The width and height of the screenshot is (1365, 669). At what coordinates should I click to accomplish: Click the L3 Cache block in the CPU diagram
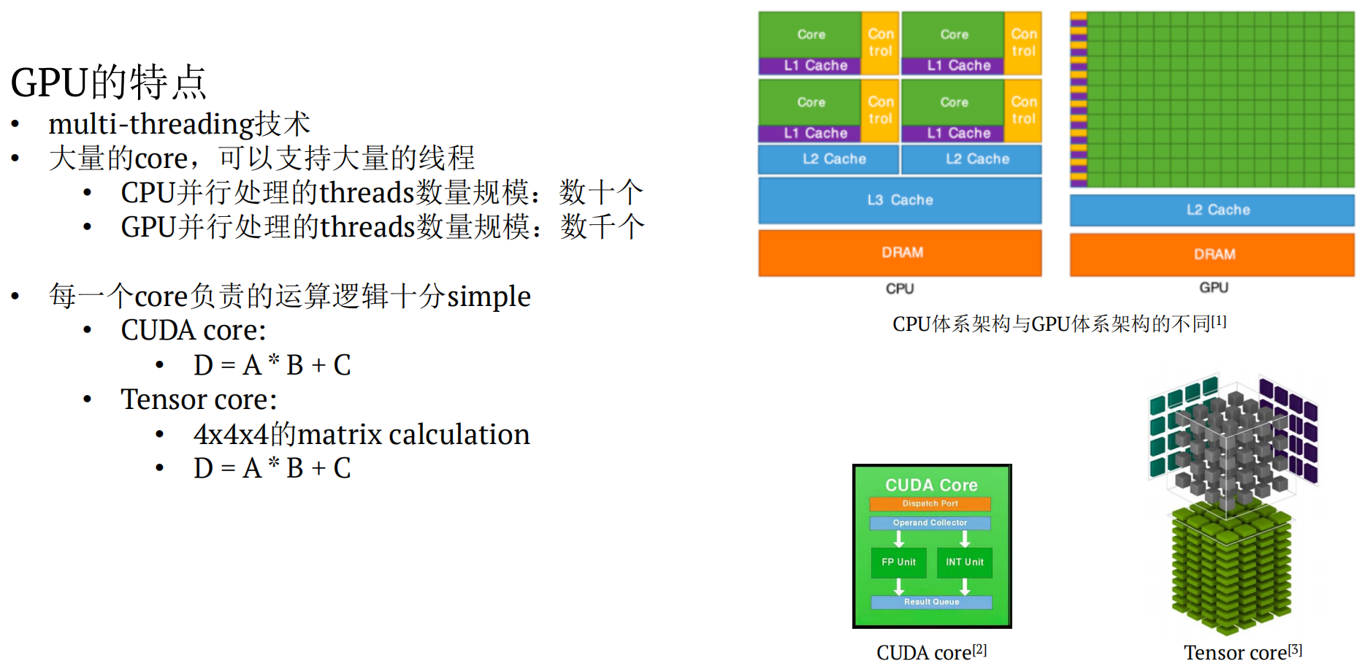tap(900, 200)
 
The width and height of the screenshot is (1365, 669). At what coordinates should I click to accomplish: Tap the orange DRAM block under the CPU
tap(900, 253)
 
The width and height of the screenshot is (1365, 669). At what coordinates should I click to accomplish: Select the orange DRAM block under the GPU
tap(1212, 254)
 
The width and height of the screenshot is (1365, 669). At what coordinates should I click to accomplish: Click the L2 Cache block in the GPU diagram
tap(1212, 210)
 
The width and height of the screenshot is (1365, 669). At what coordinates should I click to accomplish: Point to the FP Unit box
tap(898, 562)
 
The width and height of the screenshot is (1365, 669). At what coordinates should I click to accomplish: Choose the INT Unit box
tap(965, 562)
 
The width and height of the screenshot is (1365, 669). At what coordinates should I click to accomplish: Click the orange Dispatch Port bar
tap(930, 504)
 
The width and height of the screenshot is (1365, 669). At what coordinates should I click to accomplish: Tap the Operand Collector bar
tap(930, 523)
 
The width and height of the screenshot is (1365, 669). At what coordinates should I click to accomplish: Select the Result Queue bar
tap(931, 602)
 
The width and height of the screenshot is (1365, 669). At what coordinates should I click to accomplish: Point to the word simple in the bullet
tap(489, 297)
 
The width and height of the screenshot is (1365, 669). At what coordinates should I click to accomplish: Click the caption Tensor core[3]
tap(1242, 652)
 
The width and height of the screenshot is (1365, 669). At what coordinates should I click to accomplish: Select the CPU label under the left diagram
tap(900, 288)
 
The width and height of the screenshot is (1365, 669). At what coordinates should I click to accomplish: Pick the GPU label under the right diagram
tap(1213, 288)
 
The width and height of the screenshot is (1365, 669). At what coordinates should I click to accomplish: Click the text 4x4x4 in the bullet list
tap(231, 435)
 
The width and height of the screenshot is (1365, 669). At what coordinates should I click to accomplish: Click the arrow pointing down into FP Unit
tap(899, 539)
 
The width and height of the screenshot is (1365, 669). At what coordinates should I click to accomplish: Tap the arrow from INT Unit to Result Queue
tap(965, 586)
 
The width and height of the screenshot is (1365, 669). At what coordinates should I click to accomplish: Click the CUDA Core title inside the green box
tap(931, 485)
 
